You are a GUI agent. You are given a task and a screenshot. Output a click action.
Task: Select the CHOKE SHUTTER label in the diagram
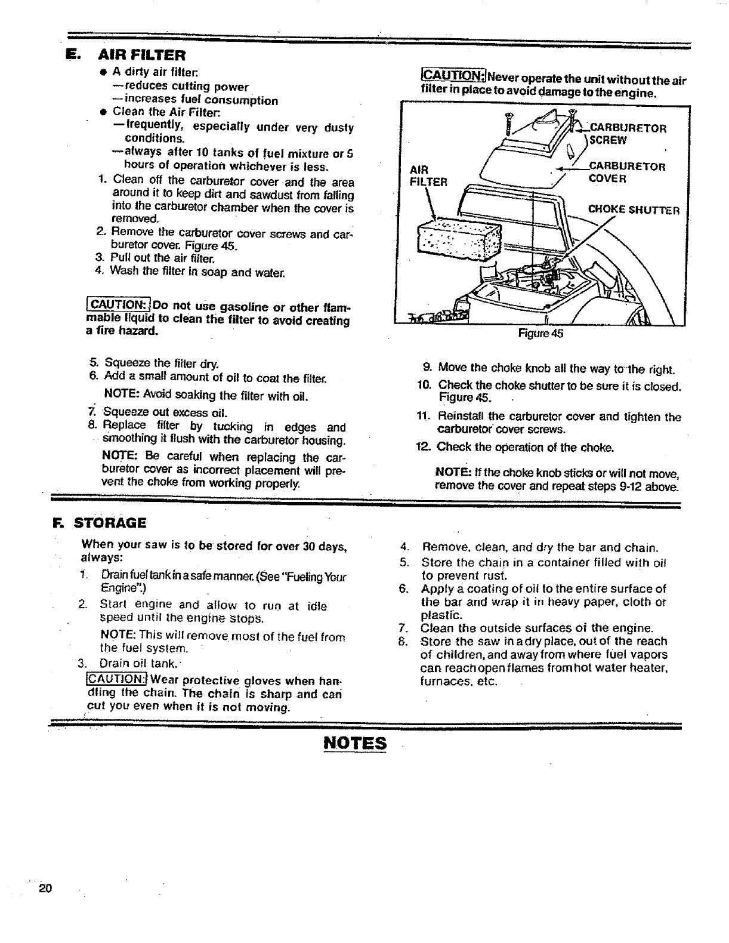[x=638, y=209]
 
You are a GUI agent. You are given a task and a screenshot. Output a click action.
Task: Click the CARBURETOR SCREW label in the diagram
[x=626, y=134]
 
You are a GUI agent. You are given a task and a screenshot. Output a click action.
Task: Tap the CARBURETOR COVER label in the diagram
[x=626, y=172]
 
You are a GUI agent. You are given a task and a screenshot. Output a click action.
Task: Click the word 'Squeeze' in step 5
[x=124, y=363]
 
